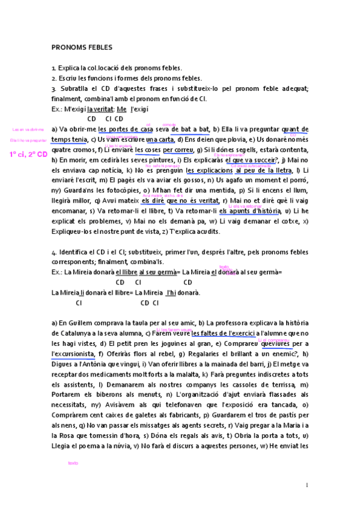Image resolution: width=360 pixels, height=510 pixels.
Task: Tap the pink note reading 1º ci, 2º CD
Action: (28, 155)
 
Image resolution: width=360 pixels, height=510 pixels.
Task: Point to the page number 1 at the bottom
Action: (307, 485)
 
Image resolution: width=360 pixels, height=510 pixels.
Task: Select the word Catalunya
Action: (70, 333)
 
